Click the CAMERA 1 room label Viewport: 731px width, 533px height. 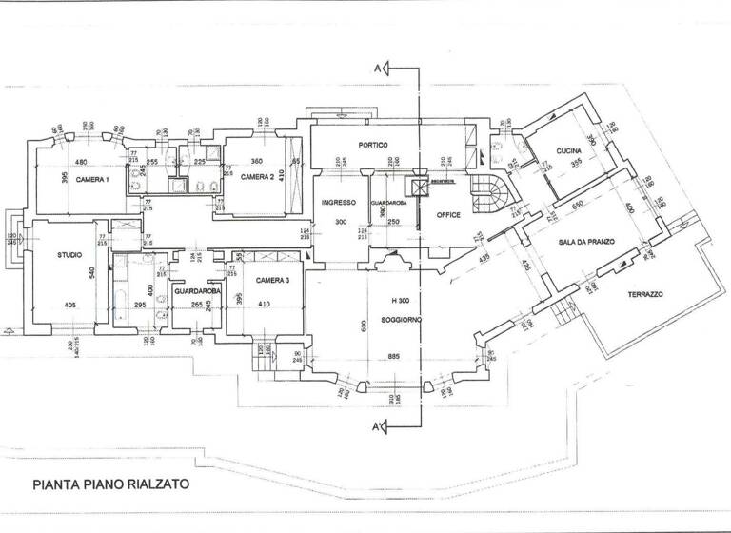tap(92, 180)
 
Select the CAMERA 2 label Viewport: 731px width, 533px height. tap(257, 177)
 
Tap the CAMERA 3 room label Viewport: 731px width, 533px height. tap(272, 280)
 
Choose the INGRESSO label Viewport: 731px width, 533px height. tap(338, 202)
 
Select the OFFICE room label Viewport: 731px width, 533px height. tap(448, 215)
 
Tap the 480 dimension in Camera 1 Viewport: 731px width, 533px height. tap(81, 160)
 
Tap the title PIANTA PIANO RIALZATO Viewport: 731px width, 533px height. tap(110, 484)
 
